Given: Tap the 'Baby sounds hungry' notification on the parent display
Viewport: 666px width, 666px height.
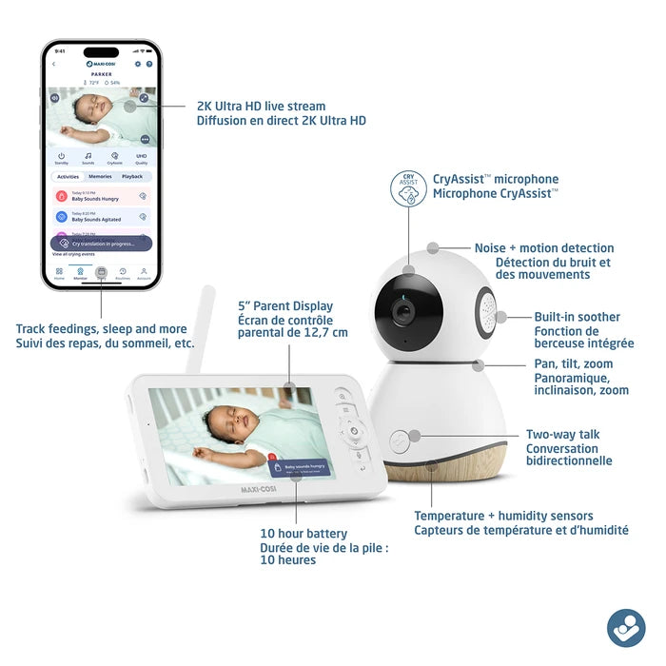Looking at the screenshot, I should pos(302,467).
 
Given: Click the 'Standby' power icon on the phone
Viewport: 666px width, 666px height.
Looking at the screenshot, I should pos(62,157).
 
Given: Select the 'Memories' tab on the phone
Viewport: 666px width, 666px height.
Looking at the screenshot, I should pos(101,177).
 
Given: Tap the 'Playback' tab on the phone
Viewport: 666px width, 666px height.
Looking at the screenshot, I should pos(131,177).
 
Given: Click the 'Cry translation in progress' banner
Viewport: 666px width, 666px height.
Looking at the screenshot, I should pos(101,245).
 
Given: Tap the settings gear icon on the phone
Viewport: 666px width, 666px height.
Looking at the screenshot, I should pos(138,64).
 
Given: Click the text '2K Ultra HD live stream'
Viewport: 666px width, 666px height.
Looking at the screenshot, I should pos(261,107).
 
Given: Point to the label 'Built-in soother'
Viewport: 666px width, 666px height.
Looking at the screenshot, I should pos(577,317).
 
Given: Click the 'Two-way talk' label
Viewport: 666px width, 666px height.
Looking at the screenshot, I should pos(562,435).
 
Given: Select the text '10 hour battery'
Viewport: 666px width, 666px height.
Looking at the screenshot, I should pos(304,534).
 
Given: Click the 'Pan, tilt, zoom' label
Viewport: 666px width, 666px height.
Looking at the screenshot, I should pos(574,363).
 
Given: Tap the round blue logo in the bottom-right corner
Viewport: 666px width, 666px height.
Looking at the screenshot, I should pos(625,627).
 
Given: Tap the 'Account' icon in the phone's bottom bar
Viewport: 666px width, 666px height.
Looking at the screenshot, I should pos(144,272).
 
